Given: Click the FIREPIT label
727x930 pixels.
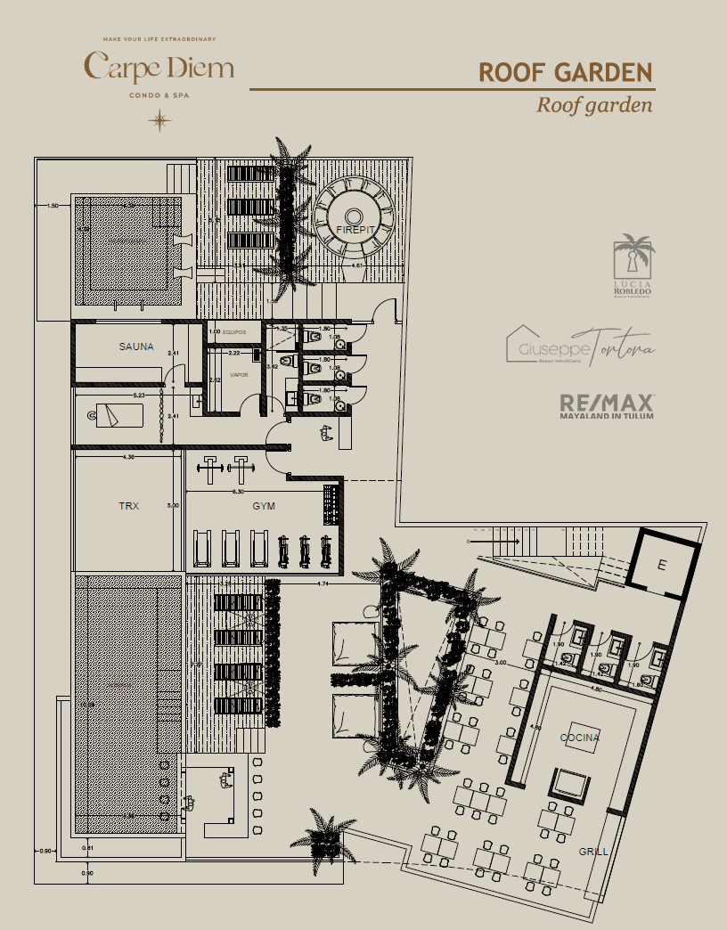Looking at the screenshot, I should pyautogui.click(x=354, y=231).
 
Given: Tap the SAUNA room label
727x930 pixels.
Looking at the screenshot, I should pyautogui.click(x=136, y=347).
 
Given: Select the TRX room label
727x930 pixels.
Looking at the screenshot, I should pyautogui.click(x=129, y=506).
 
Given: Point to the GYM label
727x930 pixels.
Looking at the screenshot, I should pyautogui.click(x=264, y=506).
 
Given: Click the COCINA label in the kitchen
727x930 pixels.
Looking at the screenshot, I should pyautogui.click(x=580, y=738).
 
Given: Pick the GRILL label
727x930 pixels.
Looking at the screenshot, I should pyautogui.click(x=593, y=852).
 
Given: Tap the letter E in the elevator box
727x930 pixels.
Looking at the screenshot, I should pyautogui.click(x=661, y=564).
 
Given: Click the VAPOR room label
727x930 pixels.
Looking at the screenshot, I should pyautogui.click(x=239, y=375).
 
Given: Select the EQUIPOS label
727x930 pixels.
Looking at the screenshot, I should pyautogui.click(x=234, y=332).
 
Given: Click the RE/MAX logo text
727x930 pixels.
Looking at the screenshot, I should pyautogui.click(x=607, y=402).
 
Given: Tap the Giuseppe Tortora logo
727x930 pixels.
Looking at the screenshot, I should pyautogui.click(x=580, y=347).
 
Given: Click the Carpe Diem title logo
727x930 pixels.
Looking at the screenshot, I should pyautogui.click(x=159, y=68).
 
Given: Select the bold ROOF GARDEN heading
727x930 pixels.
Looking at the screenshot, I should pyautogui.click(x=566, y=72).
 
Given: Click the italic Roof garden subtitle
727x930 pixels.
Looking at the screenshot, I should pyautogui.click(x=594, y=104).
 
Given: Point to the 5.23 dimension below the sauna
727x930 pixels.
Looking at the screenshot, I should pyautogui.click(x=139, y=395).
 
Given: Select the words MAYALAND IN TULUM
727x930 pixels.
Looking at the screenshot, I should pyautogui.click(x=607, y=416).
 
